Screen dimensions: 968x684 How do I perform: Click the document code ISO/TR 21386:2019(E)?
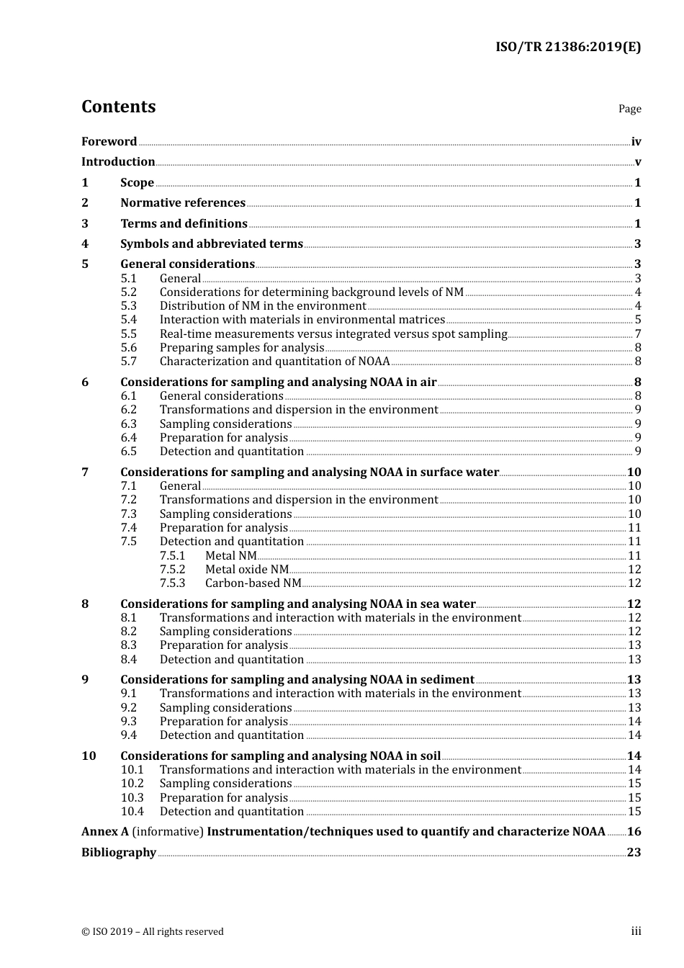(x=567, y=48)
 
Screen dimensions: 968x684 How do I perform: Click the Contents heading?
(x=118, y=107)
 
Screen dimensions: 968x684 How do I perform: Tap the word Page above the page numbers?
(x=629, y=109)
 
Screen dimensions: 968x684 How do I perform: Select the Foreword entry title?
(x=109, y=142)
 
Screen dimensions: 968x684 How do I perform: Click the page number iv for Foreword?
(x=636, y=142)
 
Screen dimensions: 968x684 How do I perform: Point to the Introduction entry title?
(x=118, y=162)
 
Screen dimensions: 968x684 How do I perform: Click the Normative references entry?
(x=183, y=203)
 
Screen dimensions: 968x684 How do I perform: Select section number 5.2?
(x=128, y=292)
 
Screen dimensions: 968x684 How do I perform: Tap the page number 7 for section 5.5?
(x=637, y=334)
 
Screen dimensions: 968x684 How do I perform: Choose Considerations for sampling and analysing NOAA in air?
(x=278, y=382)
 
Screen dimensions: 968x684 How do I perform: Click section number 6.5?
(x=128, y=452)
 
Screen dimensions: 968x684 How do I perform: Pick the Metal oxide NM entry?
(x=246, y=570)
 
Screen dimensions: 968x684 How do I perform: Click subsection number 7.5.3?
(x=172, y=583)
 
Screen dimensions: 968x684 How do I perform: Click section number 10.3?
(x=132, y=798)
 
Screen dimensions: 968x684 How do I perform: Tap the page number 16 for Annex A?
(x=634, y=832)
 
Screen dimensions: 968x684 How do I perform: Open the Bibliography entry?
(x=119, y=853)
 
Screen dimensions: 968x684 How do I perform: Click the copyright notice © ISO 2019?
(x=152, y=932)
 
